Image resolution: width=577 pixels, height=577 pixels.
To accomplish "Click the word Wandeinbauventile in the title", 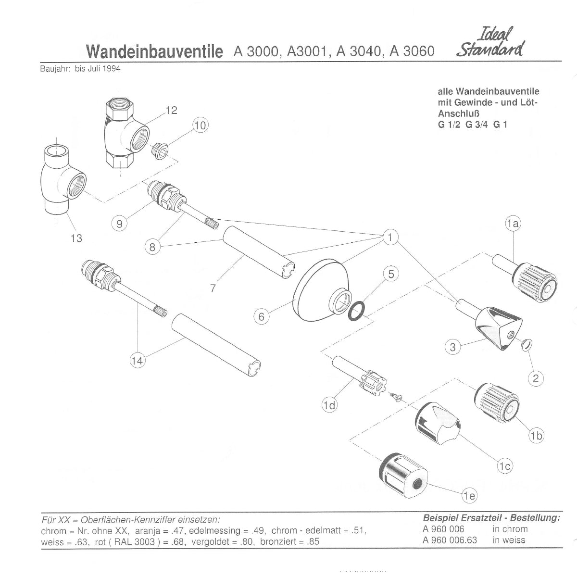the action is pyautogui.click(x=155, y=52).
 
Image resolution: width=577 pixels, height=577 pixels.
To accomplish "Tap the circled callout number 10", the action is pyautogui.click(x=200, y=125).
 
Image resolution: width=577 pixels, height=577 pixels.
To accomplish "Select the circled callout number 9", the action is pyautogui.click(x=119, y=224).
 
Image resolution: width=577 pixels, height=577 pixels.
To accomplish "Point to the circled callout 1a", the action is pyautogui.click(x=513, y=224).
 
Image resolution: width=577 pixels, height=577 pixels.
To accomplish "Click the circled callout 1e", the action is pyautogui.click(x=469, y=496).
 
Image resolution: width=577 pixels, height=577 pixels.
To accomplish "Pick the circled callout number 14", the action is pyautogui.click(x=137, y=361).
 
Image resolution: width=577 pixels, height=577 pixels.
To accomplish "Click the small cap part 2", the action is pyautogui.click(x=527, y=344).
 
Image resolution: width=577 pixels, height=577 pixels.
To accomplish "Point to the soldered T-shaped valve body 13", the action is pyautogui.click(x=63, y=180).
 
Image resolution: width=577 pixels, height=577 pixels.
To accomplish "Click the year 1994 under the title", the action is pyautogui.click(x=112, y=69).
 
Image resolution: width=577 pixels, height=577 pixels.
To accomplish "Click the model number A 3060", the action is pyautogui.click(x=412, y=51).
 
